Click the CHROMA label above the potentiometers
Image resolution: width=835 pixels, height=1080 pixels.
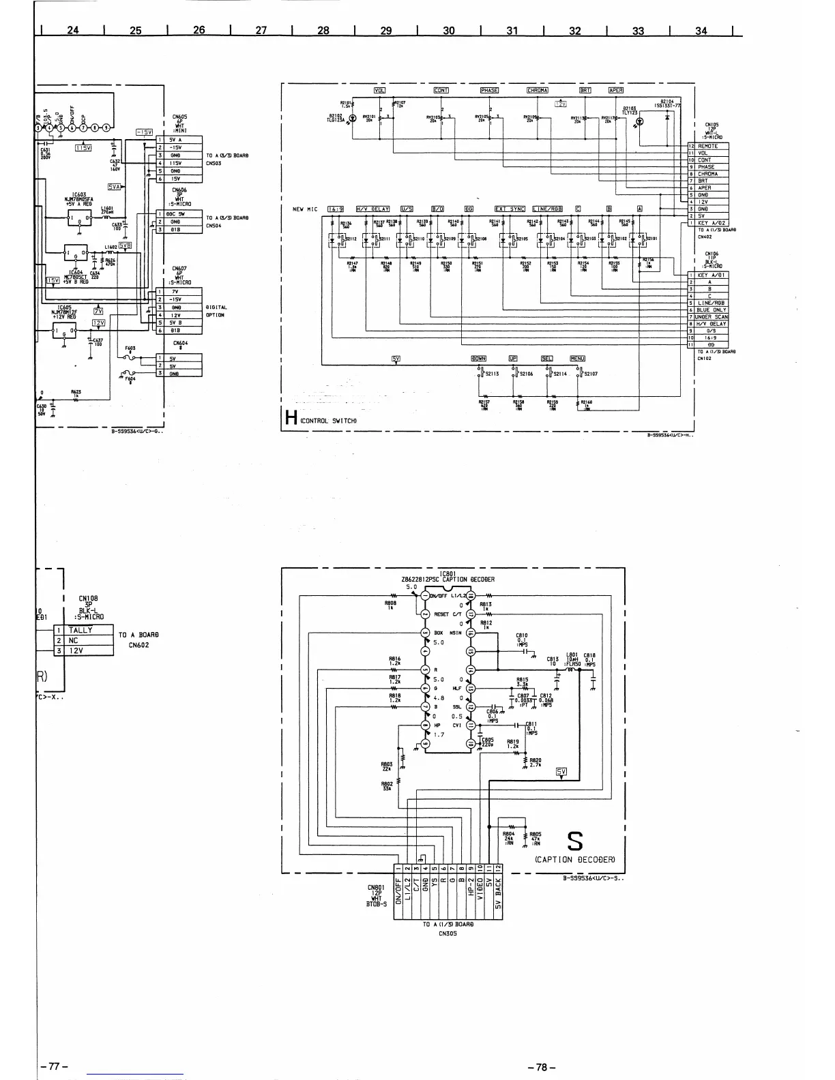click(x=538, y=91)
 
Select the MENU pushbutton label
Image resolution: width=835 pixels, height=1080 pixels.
click(x=578, y=359)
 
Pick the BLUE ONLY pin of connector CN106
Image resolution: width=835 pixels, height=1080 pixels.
click(x=711, y=310)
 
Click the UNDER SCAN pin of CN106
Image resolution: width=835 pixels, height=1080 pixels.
click(x=711, y=317)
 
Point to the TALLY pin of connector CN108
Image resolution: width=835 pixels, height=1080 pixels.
click(x=81, y=631)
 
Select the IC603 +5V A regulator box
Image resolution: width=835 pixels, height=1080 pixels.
click(x=75, y=217)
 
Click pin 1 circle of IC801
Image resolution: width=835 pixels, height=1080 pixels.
click(x=425, y=595)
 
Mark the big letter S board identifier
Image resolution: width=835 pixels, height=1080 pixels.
click(x=575, y=842)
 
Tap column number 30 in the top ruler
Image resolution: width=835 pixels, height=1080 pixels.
click(x=448, y=31)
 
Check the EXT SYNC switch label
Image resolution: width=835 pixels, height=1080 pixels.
click(x=510, y=209)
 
